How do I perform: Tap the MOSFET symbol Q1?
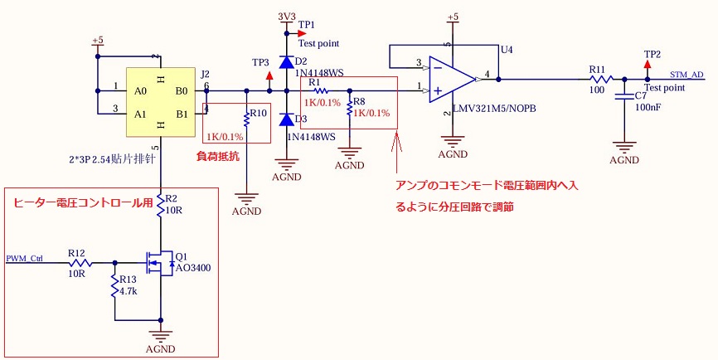157,264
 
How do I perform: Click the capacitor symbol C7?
619,98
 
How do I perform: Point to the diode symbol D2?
286,62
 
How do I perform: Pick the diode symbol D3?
286,119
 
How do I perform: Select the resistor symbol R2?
160,206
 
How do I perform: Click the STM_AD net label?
686,75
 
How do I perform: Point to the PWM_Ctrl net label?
24,258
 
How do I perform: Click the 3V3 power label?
286,17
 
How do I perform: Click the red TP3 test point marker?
269,75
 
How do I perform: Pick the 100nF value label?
649,108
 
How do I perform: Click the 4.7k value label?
129,291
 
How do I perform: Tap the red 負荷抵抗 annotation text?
217,155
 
